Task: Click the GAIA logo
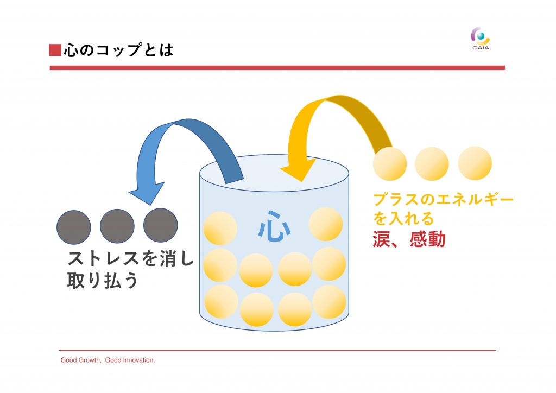pos(481,39)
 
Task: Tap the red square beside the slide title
pos(55,50)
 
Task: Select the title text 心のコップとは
pos(119,50)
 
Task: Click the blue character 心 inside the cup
pos(274,226)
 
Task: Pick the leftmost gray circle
pos(74,227)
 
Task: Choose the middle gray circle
pos(117,226)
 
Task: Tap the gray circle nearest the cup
pos(161,225)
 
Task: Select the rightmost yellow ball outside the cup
pos(475,163)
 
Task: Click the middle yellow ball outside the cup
pos(432,164)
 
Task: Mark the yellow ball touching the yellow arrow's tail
pos(390,164)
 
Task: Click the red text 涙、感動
pos(409,239)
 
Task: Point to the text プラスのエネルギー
pos(443,200)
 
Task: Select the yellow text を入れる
pos(403,218)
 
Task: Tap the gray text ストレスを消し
pos(131,258)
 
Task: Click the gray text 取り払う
pos(103,280)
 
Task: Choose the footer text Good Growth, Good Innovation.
pos(108,360)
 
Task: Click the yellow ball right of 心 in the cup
pos(326,224)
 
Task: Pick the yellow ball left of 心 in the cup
pos(220,229)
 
